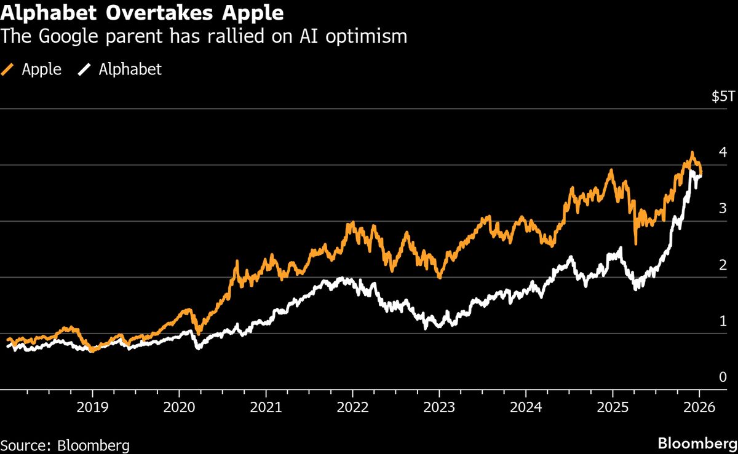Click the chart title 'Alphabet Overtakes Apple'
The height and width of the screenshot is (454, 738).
coord(142,12)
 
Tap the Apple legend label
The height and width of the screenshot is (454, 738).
coord(41,69)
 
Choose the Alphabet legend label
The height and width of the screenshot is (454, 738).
coord(130,69)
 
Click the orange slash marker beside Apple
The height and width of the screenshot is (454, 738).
coord(9,69)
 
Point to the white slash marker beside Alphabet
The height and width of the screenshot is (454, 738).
coord(84,69)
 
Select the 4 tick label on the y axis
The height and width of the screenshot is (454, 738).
coord(723,152)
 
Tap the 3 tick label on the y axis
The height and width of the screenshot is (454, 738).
coord(723,208)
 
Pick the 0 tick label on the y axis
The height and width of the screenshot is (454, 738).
coord(723,377)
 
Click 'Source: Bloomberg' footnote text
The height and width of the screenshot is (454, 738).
coord(65,445)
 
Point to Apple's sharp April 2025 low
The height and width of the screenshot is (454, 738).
coord(635,243)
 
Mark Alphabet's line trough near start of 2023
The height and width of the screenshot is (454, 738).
coord(426,329)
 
